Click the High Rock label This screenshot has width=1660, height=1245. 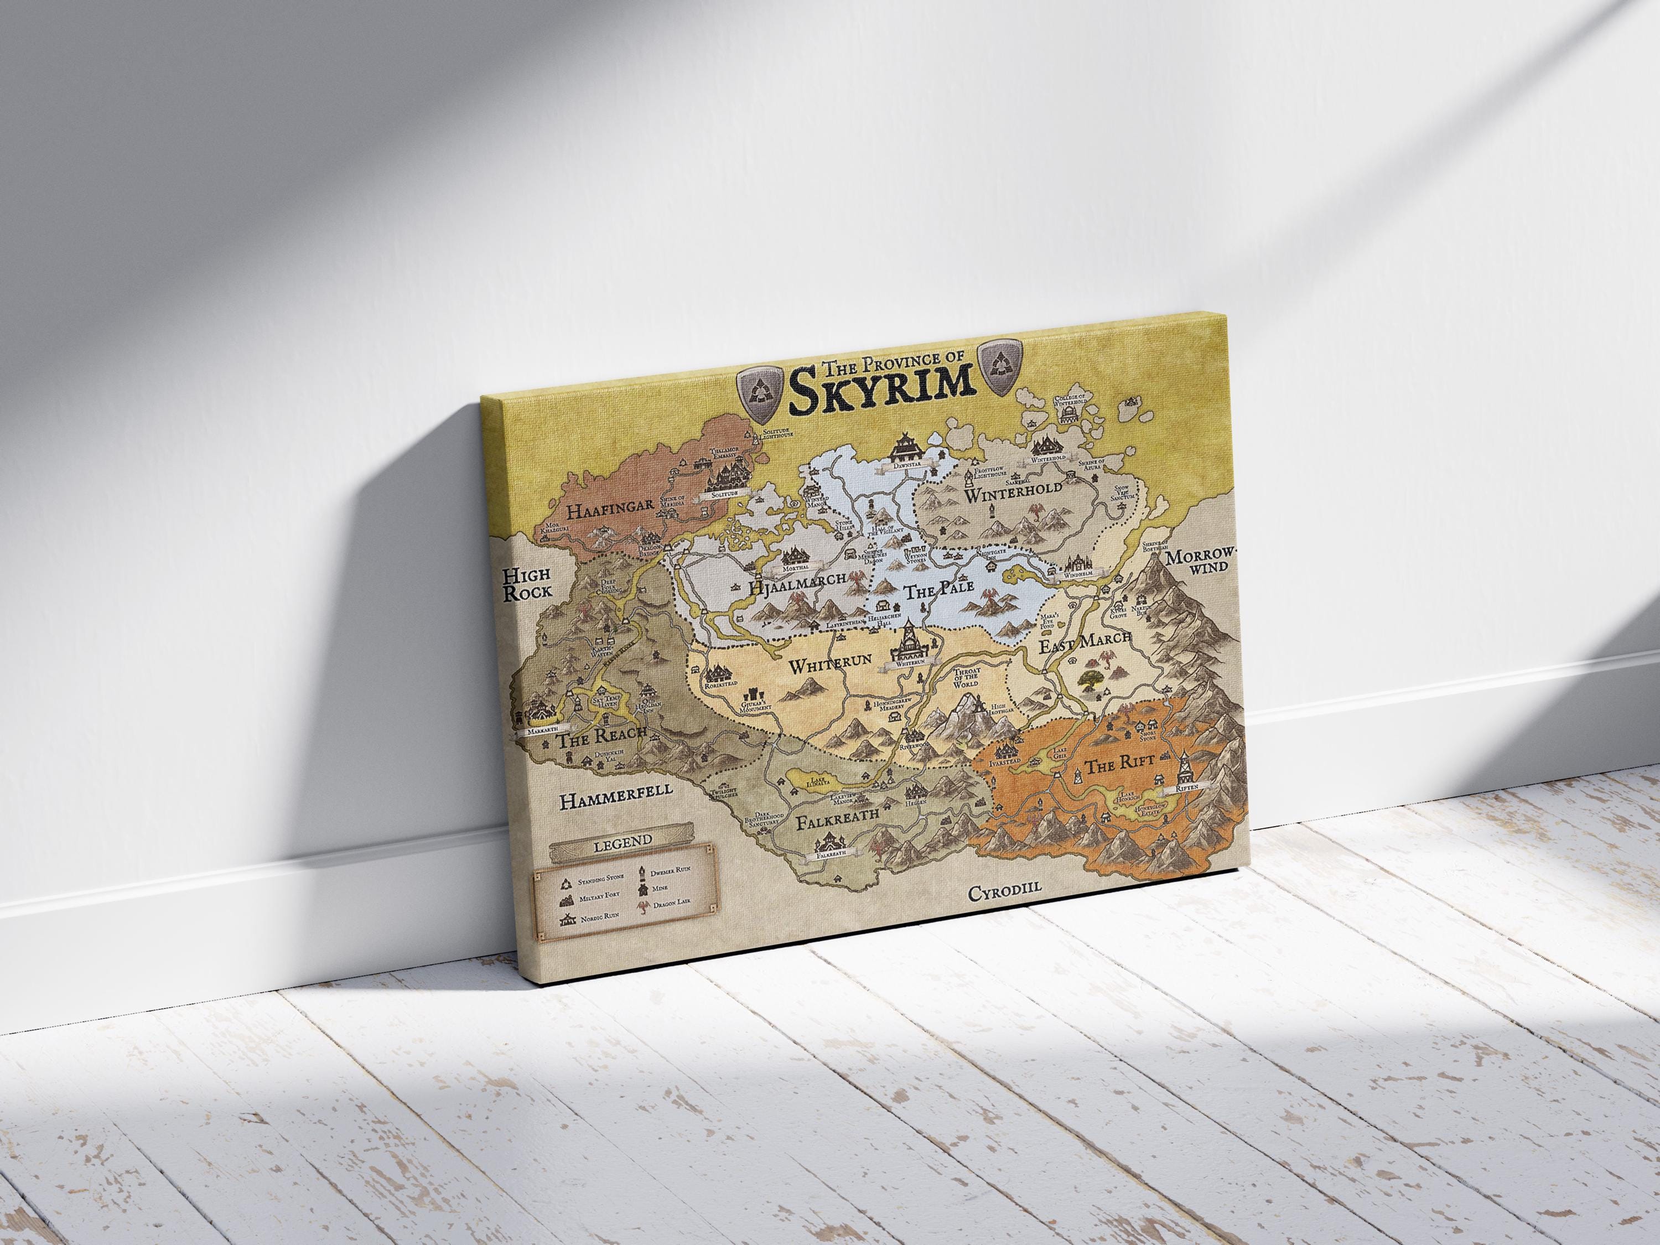(526, 583)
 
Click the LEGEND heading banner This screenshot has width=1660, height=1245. (622, 842)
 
